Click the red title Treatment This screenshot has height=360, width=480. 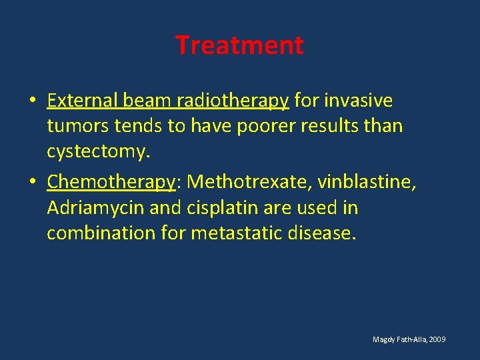(239, 45)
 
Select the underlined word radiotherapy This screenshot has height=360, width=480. (232, 101)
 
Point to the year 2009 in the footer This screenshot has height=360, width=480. (438, 340)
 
